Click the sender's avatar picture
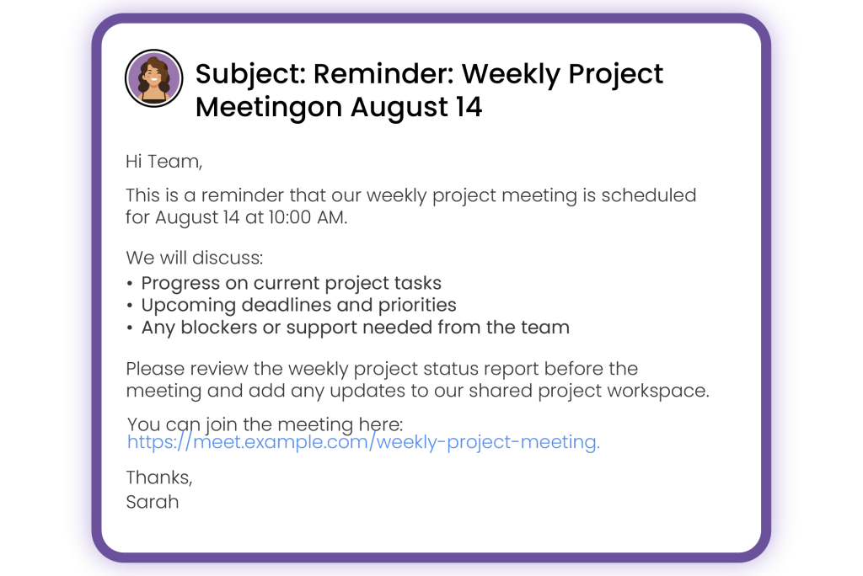point(153,78)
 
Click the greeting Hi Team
point(164,162)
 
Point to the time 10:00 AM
point(308,217)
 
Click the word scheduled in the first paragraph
point(648,195)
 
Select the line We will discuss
point(195,258)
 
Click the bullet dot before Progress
point(129,284)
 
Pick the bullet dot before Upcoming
point(129,306)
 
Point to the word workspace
point(658,391)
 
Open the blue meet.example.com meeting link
point(363,442)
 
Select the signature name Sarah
point(153,502)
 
